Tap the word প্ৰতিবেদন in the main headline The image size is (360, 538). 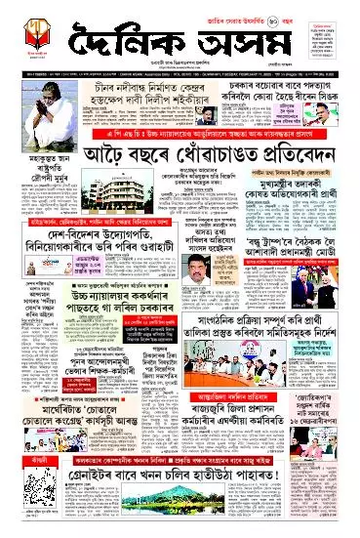[285, 156]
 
